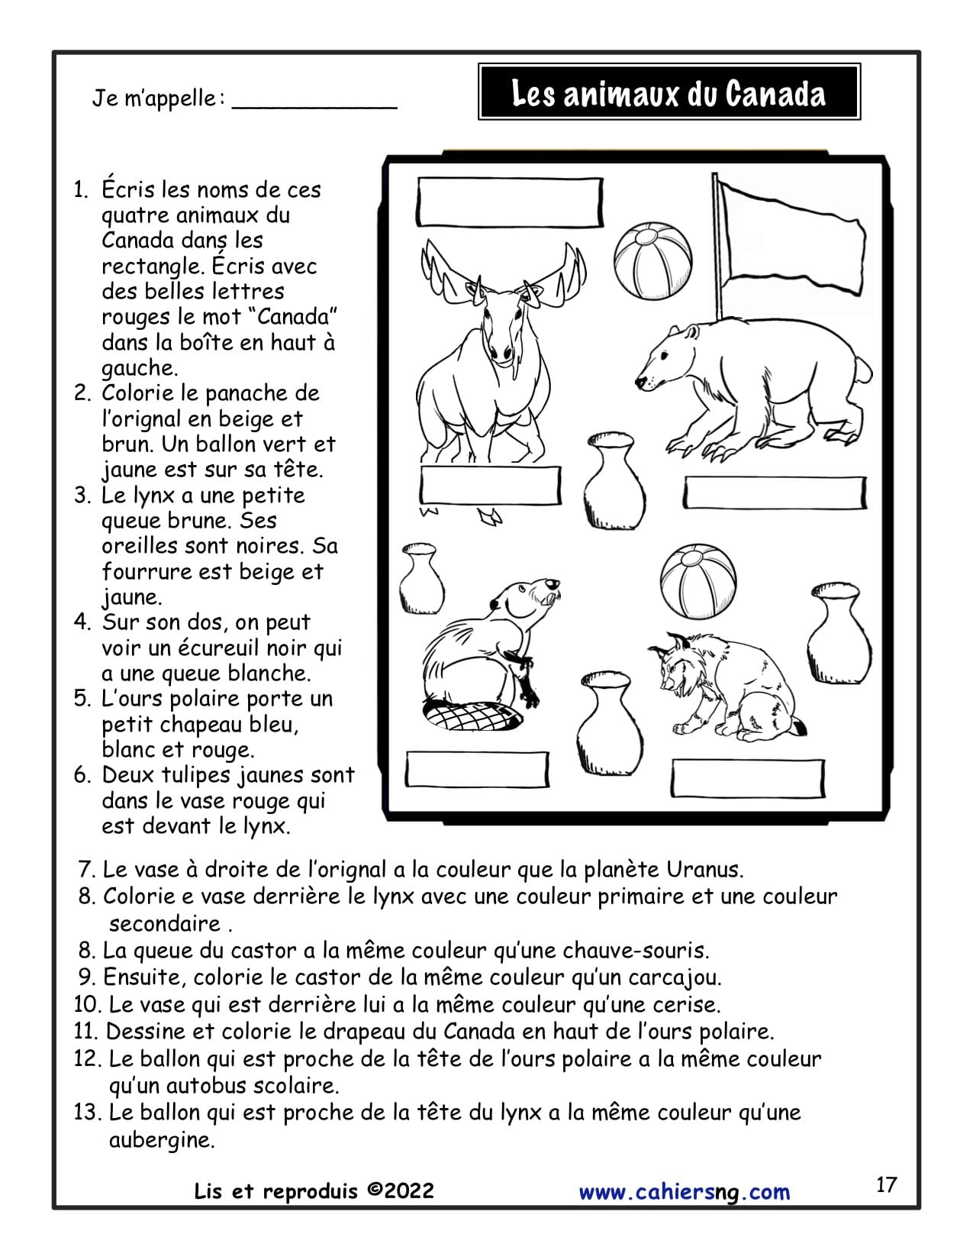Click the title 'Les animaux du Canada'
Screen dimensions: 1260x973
(669, 93)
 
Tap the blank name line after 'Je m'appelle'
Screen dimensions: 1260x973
(314, 102)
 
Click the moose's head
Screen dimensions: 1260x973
(499, 321)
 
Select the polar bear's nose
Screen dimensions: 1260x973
(641, 380)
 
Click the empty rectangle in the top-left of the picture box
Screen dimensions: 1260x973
(510, 202)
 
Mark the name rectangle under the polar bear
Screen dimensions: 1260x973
(775, 493)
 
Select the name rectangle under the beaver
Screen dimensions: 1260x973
(477, 769)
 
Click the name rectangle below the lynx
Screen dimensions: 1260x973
(748, 778)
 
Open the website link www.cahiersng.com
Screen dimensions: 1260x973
(685, 1192)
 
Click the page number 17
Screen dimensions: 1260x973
(886, 1184)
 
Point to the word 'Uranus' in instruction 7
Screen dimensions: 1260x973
(704, 869)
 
